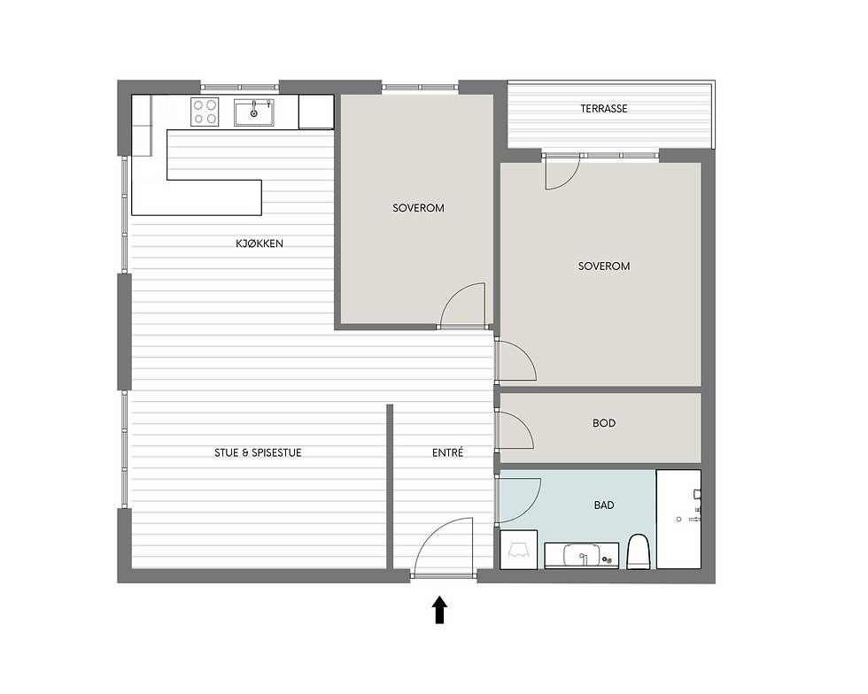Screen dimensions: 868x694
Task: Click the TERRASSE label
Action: coord(603,109)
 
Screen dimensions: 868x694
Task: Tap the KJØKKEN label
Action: coord(259,243)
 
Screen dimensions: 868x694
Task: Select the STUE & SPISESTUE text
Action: coord(258,452)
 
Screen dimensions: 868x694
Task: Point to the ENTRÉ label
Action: coord(447,452)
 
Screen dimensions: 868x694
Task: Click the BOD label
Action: coord(603,423)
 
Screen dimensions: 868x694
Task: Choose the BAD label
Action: coord(603,505)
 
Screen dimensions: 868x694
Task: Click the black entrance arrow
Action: coord(439,609)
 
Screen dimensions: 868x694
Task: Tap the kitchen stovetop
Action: coord(205,112)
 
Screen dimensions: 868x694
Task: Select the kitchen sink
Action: coord(254,112)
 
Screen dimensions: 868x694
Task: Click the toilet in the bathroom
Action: coord(639,551)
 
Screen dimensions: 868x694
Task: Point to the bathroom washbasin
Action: coord(581,555)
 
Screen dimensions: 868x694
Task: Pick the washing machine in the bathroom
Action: coord(519,550)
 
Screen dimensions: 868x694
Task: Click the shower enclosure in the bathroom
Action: coord(678,519)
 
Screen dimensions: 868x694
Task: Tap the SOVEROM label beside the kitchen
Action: coord(418,208)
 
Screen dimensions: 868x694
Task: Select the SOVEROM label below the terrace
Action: coord(603,266)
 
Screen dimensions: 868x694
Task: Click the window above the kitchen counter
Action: coord(239,87)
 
